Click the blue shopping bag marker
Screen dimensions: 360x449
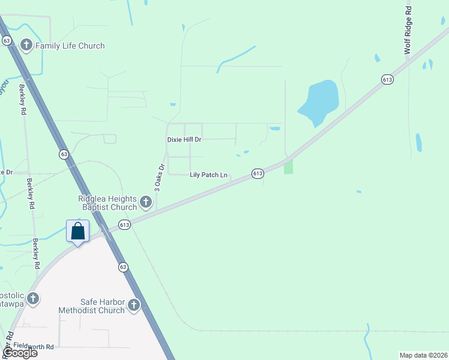[x=78, y=231]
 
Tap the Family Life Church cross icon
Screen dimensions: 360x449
[x=26, y=45]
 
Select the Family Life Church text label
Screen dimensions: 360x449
[x=70, y=46]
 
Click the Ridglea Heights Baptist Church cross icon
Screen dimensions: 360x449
[x=146, y=202]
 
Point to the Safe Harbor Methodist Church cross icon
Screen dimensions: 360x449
[x=133, y=306]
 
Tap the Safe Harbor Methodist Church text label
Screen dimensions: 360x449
[x=91, y=306]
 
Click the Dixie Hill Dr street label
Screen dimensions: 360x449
[x=184, y=139]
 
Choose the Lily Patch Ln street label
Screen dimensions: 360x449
[x=208, y=175]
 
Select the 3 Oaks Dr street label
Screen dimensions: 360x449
[x=159, y=178]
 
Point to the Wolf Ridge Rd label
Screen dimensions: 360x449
[x=408, y=30]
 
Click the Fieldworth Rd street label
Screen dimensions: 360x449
[x=34, y=346]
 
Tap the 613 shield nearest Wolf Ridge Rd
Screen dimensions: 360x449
[x=387, y=79]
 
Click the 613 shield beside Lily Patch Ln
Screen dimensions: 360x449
[x=258, y=173]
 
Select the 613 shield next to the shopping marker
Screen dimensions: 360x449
[x=124, y=225]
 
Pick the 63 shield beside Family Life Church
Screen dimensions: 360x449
[x=7, y=40]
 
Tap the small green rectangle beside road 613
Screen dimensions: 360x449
[x=289, y=166]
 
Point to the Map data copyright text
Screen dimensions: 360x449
[x=423, y=355]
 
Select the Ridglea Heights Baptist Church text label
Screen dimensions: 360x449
[x=107, y=203]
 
